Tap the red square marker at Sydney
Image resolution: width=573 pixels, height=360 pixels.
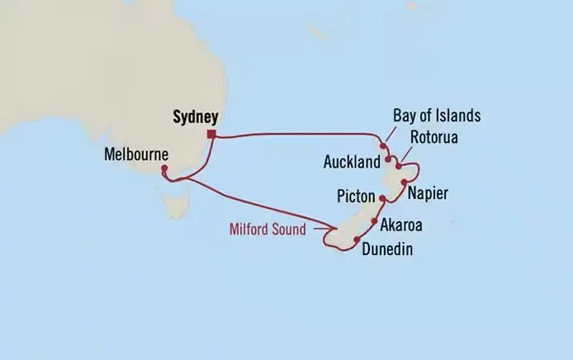pyautogui.click(x=212, y=135)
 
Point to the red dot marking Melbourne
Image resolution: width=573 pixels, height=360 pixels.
pyautogui.click(x=163, y=169)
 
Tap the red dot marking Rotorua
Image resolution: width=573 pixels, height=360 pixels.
pyautogui.click(x=399, y=166)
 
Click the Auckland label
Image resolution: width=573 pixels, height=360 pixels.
pyautogui.click(x=352, y=161)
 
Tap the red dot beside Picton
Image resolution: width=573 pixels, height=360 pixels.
pyautogui.click(x=381, y=199)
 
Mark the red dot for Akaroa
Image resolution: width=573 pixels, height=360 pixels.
pyautogui.click(x=375, y=222)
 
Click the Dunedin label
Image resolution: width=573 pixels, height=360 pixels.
pyautogui.click(x=387, y=249)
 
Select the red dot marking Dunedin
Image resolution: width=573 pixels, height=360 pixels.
pyautogui.click(x=356, y=239)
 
